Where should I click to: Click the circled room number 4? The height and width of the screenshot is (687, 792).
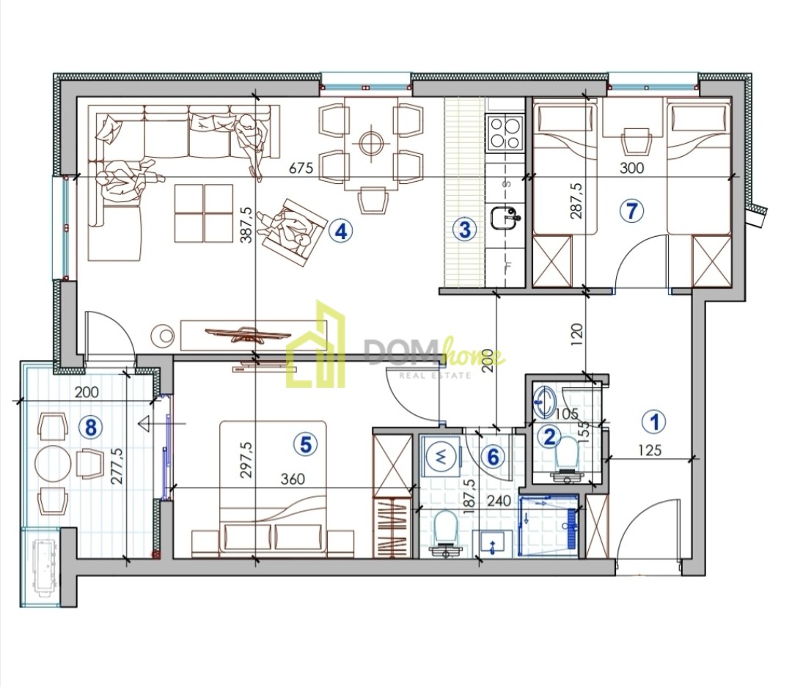[x=341, y=232]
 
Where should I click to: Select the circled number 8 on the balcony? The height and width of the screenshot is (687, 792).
[x=91, y=427]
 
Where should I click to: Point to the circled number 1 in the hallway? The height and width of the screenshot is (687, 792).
[x=655, y=422]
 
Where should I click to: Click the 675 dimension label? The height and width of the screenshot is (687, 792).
[x=301, y=167]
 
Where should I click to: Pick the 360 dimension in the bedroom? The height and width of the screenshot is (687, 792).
[x=293, y=478]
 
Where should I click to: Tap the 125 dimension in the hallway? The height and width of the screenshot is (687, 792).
[x=649, y=449]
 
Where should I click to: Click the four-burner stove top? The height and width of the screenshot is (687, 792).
[x=504, y=133]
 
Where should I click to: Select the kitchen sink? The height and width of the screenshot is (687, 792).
[x=505, y=218]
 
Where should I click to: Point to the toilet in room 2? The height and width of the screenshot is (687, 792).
[x=566, y=458]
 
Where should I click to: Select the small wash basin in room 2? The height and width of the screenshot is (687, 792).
[x=544, y=402]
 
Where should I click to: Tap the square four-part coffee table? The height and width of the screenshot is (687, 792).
[x=204, y=213]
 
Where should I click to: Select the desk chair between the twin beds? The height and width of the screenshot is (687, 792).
[x=635, y=142]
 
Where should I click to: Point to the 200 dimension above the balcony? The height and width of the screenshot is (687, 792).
[x=87, y=392]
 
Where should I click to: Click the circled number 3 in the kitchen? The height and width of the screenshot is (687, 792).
[x=464, y=229]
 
